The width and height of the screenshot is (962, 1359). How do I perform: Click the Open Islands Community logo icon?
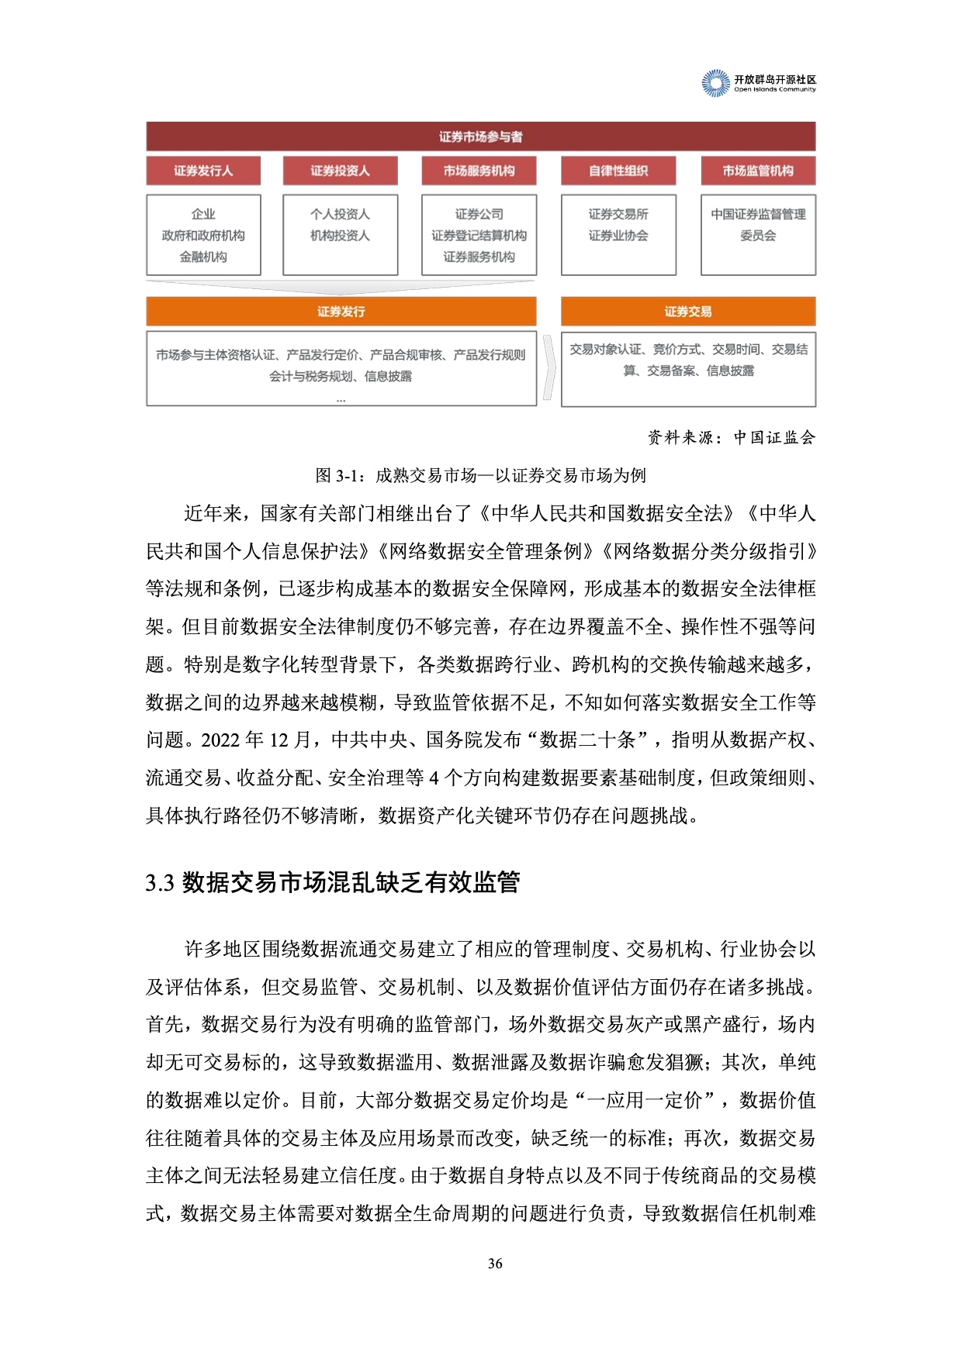point(716,83)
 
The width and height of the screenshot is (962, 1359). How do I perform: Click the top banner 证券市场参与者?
point(480,136)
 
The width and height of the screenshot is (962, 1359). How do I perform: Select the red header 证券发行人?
point(203,171)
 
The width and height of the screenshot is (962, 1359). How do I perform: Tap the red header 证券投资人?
point(340,171)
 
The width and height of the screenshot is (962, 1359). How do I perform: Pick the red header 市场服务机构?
point(479,171)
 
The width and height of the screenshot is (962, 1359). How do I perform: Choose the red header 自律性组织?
point(618,171)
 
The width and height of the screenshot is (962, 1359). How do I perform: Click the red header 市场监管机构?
point(758,171)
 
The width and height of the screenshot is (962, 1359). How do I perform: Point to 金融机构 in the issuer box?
point(203,257)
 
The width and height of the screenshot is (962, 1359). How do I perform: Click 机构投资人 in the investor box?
point(340,236)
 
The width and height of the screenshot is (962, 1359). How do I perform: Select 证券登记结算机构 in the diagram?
point(479,236)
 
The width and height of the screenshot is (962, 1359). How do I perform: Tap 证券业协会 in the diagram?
point(618,236)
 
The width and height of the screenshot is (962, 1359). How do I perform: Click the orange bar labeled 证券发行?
point(341,312)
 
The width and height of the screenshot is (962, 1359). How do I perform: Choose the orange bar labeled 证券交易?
point(688,312)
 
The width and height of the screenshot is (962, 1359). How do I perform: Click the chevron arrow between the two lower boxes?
point(549,367)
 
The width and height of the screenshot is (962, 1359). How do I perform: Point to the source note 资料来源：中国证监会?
point(732,437)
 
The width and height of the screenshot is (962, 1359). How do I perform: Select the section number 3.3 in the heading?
point(159,883)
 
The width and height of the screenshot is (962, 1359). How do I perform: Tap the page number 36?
point(495,1264)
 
